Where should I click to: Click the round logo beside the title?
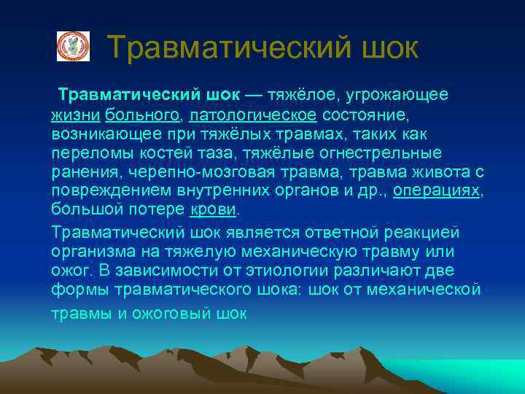click(x=73, y=46)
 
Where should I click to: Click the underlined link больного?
click(x=142, y=115)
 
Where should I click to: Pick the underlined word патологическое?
click(x=253, y=115)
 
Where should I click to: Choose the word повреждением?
click(x=112, y=191)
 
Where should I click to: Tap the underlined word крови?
click(x=213, y=210)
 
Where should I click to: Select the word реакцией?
click(x=428, y=232)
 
